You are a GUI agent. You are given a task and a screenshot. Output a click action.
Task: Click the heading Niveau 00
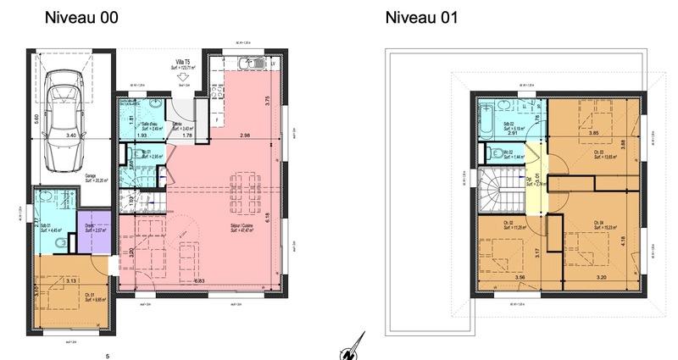click(81, 17)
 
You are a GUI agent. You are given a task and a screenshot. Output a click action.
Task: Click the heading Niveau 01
click(421, 17)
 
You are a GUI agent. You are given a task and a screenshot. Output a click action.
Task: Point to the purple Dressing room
click(92, 230)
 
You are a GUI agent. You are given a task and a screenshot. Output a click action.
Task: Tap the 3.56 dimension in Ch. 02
click(507, 277)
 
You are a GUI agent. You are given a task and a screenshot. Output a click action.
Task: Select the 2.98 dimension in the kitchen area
click(244, 136)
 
